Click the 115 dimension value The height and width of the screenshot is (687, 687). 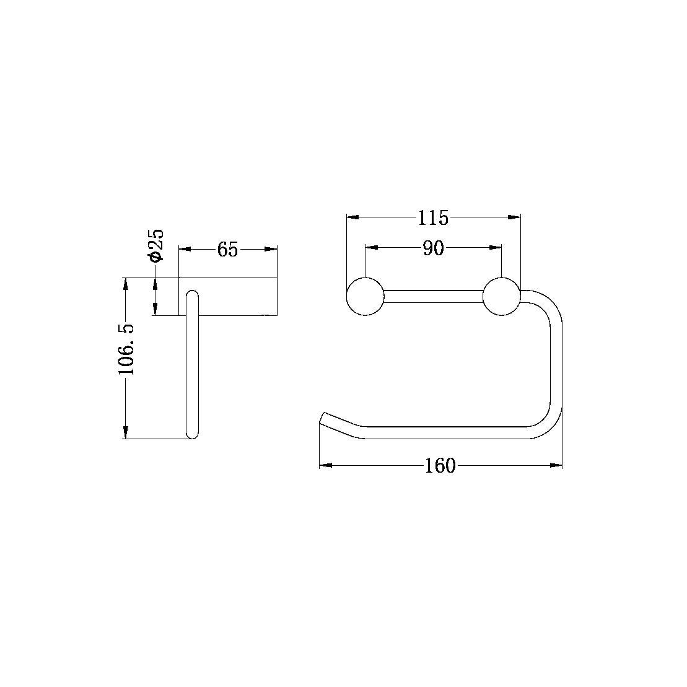[x=433, y=217]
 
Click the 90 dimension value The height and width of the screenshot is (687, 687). [x=433, y=248]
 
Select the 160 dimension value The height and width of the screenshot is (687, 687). [x=440, y=465]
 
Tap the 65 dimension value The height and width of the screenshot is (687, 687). [x=227, y=250]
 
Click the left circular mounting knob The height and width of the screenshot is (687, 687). [x=365, y=297]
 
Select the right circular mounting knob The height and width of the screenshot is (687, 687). [x=501, y=297]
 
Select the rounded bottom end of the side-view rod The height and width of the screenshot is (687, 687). [x=193, y=434]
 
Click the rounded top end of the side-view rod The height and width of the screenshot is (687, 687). [x=193, y=294]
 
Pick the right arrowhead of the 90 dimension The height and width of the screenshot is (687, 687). [x=496, y=248]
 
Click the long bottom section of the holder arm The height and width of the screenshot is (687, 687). [x=446, y=433]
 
